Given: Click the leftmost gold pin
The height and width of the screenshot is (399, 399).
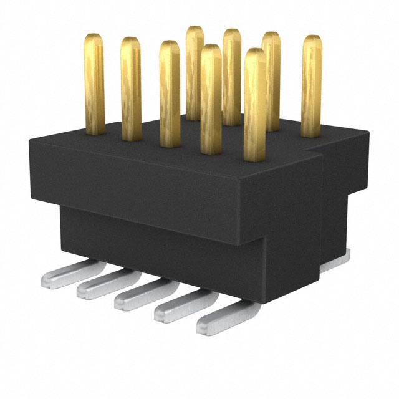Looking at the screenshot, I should [x=94, y=84].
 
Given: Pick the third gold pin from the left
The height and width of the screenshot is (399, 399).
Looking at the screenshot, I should [x=169, y=94].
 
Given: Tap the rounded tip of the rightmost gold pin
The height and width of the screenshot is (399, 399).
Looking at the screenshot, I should [x=312, y=39].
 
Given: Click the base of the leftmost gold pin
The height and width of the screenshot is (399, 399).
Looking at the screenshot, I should [x=95, y=129].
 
